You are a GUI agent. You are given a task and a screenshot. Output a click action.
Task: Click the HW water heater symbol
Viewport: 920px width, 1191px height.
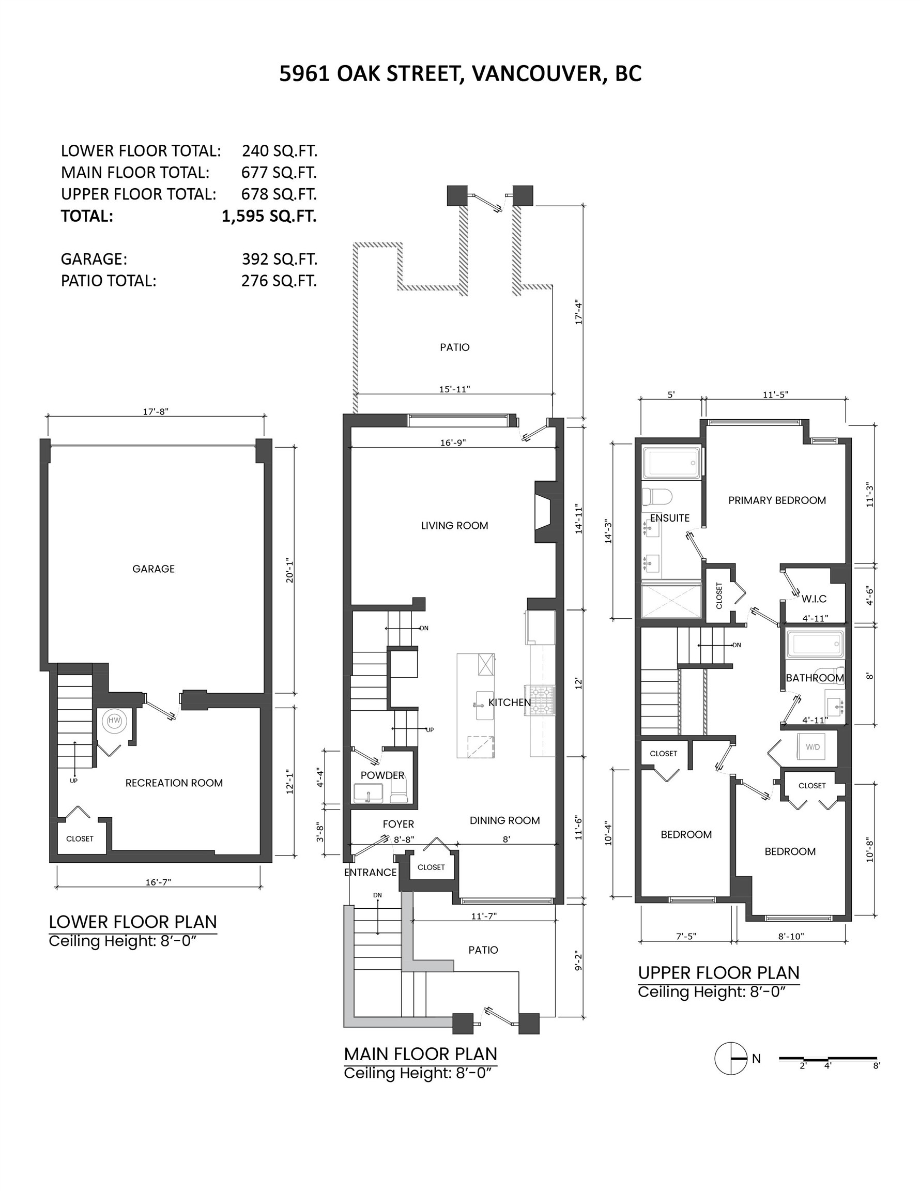[114, 721]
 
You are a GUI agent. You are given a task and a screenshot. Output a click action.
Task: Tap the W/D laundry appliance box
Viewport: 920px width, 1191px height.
[812, 746]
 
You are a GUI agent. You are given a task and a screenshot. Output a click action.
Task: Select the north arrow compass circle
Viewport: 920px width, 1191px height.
[730, 1059]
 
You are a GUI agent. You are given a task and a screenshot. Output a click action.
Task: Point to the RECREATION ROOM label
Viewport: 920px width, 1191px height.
[174, 783]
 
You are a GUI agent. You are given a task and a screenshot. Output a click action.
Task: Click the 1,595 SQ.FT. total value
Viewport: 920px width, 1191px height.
[269, 217]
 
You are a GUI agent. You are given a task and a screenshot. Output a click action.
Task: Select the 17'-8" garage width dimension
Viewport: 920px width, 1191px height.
[156, 411]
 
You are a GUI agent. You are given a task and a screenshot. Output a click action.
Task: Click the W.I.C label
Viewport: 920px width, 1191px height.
[814, 599]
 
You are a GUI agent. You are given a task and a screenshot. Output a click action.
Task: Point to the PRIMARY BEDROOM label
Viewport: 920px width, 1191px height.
[777, 500]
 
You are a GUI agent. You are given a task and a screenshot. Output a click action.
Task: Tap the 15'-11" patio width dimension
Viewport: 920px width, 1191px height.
[454, 389]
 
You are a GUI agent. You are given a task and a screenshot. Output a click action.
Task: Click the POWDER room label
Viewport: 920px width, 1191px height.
[382, 775]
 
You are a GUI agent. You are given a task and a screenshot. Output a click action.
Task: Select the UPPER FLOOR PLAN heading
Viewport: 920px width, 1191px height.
[718, 973]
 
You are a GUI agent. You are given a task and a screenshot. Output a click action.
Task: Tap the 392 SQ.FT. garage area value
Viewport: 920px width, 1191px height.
[279, 259]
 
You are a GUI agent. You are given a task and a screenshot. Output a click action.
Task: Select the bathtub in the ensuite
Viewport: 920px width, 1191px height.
[671, 464]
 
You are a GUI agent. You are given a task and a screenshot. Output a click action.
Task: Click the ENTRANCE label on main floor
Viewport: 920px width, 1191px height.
[370, 873]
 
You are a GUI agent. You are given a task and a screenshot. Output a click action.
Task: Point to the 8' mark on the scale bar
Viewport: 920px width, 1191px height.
[876, 1065]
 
